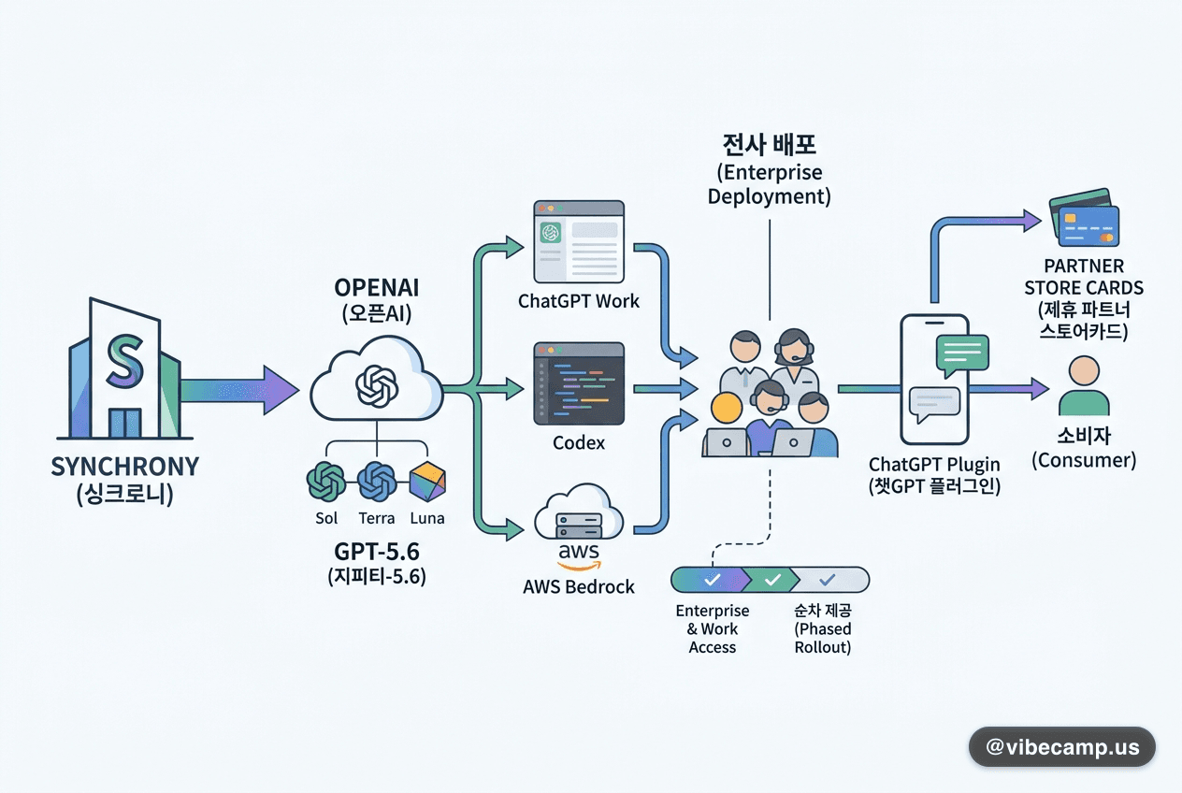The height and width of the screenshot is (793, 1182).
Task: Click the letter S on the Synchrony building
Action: [125, 361]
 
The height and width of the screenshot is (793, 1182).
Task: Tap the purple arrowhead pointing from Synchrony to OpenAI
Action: [281, 390]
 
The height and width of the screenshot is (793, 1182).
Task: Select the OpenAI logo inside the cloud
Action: [377, 387]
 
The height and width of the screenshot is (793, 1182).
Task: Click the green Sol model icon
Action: [326, 482]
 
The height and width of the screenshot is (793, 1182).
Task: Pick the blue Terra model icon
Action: [377, 482]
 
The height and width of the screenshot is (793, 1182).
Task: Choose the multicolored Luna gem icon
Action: [427, 482]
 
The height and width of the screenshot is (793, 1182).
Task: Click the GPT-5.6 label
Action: [377, 552]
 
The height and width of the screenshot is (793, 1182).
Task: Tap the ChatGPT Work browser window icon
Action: [579, 241]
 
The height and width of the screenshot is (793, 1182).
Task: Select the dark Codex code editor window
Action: [579, 383]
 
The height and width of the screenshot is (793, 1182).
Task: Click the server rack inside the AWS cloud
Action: [579, 525]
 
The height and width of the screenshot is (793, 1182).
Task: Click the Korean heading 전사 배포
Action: [769, 145]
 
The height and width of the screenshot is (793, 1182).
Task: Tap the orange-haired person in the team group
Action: [726, 409]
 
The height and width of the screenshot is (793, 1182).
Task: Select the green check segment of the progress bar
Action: [772, 580]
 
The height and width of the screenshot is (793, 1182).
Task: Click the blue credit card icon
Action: [1088, 225]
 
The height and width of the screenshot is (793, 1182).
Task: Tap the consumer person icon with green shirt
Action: [1084, 385]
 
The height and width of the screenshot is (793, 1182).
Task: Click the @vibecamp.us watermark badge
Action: [1062, 746]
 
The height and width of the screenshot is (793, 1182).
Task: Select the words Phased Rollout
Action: [823, 638]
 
